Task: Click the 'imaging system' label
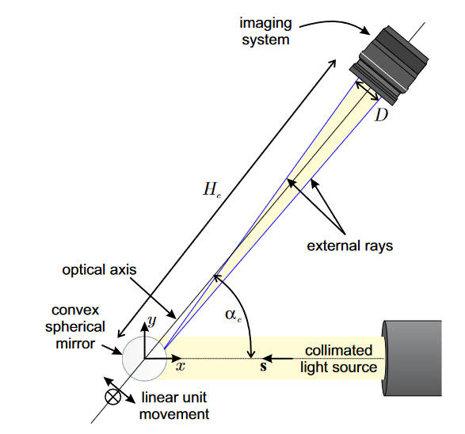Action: tap(265, 32)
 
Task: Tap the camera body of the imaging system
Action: tap(389, 65)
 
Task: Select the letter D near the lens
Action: tap(381, 115)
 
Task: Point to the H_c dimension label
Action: tap(212, 189)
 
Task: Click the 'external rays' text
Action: tap(349, 246)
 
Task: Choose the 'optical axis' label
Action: tap(99, 270)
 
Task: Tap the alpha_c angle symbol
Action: tap(233, 315)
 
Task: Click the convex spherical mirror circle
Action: tap(145, 359)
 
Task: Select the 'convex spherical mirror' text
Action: tap(75, 326)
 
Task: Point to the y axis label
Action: tap(152, 320)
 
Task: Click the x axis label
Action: tap(181, 367)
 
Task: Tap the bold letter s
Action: tap(263, 367)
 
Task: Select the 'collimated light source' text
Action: tap(339, 359)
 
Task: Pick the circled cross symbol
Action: tap(113, 397)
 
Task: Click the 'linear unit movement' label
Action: tap(174, 405)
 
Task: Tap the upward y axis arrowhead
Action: tap(144, 326)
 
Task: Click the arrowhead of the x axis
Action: tap(177, 359)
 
